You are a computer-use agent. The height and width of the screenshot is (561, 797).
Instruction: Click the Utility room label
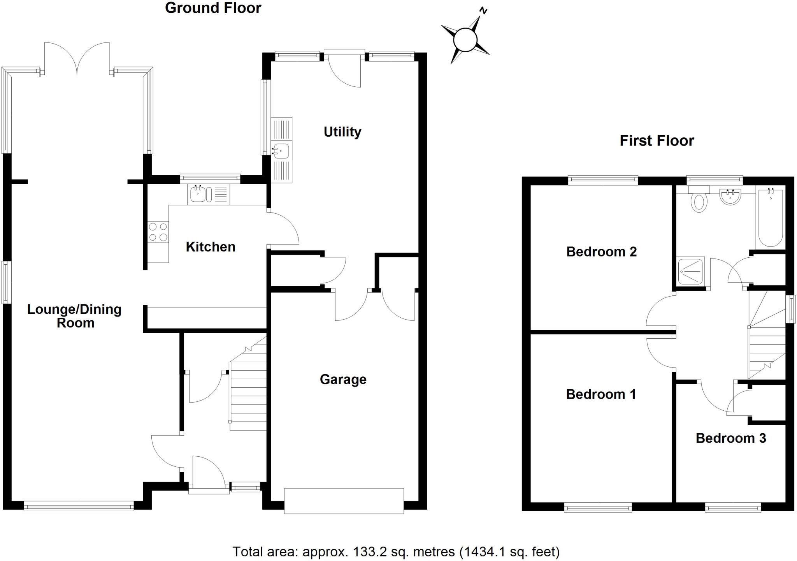pyautogui.click(x=342, y=132)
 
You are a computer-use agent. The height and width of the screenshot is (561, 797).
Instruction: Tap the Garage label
pyautogui.click(x=343, y=379)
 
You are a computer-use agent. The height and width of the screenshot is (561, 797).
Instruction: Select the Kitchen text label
pyautogui.click(x=211, y=247)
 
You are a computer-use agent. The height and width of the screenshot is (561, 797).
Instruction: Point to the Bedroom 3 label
pyautogui.click(x=730, y=438)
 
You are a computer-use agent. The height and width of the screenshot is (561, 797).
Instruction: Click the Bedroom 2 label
pyautogui.click(x=601, y=252)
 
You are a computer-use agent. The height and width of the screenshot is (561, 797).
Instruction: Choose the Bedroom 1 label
pyautogui.click(x=601, y=394)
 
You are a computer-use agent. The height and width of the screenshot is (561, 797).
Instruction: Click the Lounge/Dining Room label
pyautogui.click(x=74, y=316)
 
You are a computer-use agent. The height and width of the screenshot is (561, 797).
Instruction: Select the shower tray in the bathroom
pyautogui.click(x=691, y=271)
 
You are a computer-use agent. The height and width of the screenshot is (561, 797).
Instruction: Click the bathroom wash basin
pyautogui.click(x=730, y=197)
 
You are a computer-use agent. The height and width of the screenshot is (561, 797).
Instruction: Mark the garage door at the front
pyautogui.click(x=344, y=501)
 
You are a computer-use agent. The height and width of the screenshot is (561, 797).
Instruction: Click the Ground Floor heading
pyautogui.click(x=213, y=8)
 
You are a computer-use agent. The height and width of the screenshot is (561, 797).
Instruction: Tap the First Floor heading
pyautogui.click(x=657, y=141)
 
